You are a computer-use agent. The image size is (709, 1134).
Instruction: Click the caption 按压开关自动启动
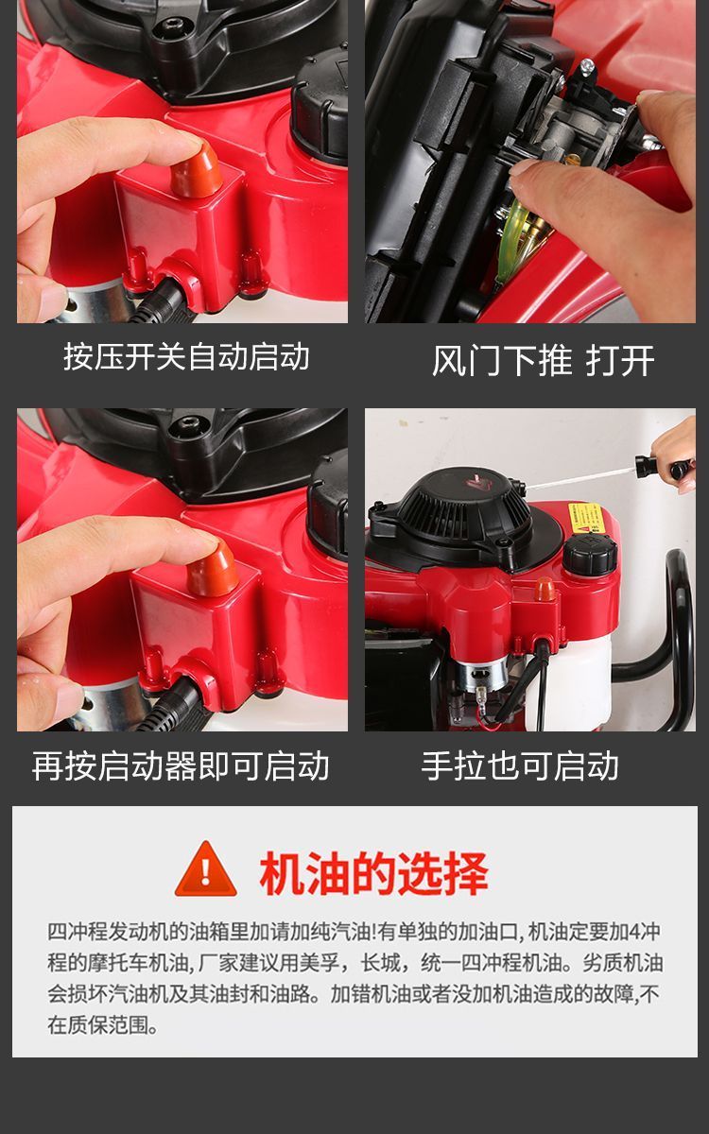click(x=186, y=356)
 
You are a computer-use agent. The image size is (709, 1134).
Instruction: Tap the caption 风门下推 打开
click(x=543, y=360)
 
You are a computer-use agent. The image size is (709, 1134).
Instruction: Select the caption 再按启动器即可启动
click(x=181, y=765)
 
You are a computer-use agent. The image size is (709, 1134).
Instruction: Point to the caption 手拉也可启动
click(x=520, y=765)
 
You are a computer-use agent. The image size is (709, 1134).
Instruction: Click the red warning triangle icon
click(x=206, y=870)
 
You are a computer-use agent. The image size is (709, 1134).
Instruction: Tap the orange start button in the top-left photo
click(x=197, y=169)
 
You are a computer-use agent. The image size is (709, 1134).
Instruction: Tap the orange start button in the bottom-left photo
click(x=213, y=569)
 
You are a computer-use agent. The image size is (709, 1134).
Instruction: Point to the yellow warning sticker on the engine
click(x=587, y=518)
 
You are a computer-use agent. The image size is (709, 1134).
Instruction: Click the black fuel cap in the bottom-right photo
click(x=590, y=554)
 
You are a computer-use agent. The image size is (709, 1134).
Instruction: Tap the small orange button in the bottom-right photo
click(x=545, y=589)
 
